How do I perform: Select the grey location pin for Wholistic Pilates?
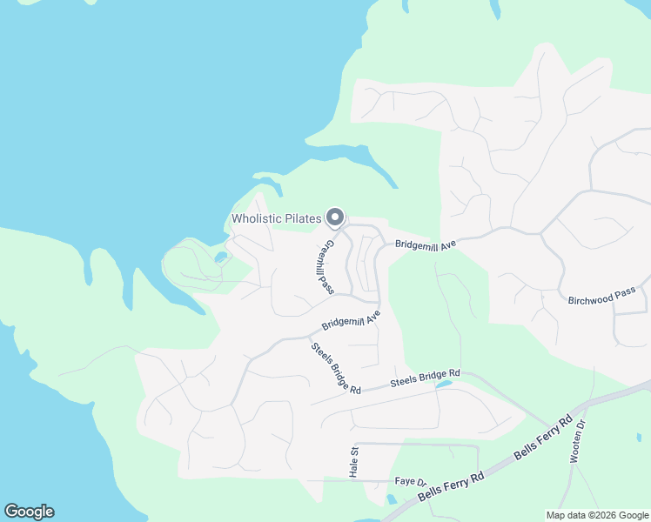point(335,217)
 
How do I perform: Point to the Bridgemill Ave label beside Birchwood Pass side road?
point(426,246)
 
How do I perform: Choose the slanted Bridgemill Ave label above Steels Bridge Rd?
point(352,318)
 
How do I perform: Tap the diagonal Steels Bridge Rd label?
point(335,369)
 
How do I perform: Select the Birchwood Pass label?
point(601,297)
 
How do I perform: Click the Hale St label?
point(354,462)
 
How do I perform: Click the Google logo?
point(29,512)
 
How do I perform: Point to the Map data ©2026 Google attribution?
point(596,515)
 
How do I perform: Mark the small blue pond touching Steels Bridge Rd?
point(445,384)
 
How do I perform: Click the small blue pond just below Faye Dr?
point(392,499)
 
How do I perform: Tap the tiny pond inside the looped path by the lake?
point(218,258)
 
